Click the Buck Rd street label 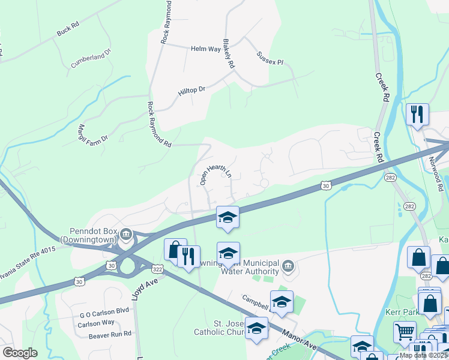point(68,30)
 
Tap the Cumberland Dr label point(92,58)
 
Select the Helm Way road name point(206,49)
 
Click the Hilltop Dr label point(191,92)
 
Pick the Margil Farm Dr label point(92,133)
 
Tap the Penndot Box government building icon point(125,234)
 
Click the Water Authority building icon point(288,266)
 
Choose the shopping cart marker point(405,332)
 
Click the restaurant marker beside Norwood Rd point(417,113)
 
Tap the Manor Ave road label point(301,343)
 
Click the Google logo point(20,353)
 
